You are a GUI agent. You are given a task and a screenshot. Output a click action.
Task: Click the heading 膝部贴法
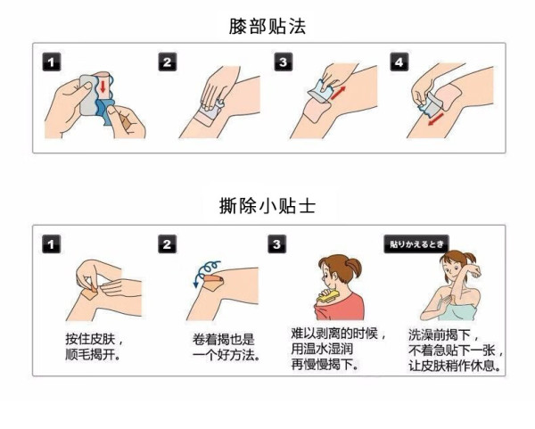(267, 26)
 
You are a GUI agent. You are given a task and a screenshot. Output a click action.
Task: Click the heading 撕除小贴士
(267, 206)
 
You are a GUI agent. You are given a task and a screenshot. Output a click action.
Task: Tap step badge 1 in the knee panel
(52, 62)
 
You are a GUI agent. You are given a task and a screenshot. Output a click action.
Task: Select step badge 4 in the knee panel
(399, 62)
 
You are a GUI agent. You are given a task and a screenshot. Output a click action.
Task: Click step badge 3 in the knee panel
(284, 62)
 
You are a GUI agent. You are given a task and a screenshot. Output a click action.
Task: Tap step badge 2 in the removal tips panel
(168, 244)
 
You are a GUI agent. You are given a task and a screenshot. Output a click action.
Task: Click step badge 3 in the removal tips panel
(277, 244)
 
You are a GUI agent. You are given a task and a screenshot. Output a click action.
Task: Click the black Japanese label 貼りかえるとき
(416, 244)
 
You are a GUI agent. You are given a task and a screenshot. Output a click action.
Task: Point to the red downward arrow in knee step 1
(103, 87)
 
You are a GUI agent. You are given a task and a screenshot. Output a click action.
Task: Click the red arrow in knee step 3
(338, 93)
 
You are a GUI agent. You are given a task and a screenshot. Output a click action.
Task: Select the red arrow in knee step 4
(436, 120)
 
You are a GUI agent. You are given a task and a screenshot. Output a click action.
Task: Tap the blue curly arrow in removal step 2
(206, 271)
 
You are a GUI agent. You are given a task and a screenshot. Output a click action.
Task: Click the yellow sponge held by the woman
(327, 296)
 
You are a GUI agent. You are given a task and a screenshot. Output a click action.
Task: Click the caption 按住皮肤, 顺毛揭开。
(94, 347)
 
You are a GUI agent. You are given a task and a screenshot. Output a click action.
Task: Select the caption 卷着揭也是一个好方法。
(226, 347)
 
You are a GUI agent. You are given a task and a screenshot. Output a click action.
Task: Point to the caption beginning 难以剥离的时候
(338, 349)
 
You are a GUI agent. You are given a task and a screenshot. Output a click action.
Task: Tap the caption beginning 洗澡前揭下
(456, 351)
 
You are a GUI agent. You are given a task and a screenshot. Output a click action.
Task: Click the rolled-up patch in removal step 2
(214, 280)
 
